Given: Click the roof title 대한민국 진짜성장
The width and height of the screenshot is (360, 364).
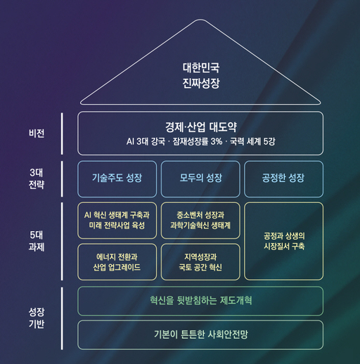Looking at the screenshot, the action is coord(201,75).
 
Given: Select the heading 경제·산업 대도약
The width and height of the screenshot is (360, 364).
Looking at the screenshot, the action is coord(201,127).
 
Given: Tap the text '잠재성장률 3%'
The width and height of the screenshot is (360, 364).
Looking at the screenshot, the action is coord(198,141).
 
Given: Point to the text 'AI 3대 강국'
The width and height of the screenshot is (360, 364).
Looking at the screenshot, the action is coord(146,141).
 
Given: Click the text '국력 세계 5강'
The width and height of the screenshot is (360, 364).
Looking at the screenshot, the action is coord(252,141).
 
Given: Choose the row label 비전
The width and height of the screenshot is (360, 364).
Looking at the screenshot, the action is coord(37,134).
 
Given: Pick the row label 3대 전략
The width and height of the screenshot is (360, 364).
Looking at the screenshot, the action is coord(37,178).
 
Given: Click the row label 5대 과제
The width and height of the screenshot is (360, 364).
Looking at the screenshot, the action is coord(37,241).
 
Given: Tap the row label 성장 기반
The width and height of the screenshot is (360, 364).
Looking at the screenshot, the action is coord(37,318).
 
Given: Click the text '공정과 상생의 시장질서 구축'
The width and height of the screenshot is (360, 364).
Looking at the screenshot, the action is coord(284,241).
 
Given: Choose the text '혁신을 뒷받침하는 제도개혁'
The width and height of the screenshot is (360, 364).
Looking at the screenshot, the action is coord(201,301).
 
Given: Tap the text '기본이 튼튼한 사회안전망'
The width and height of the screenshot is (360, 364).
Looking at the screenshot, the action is coord(201,334).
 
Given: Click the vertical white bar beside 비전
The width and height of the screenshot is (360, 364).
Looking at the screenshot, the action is coord(62,134).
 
